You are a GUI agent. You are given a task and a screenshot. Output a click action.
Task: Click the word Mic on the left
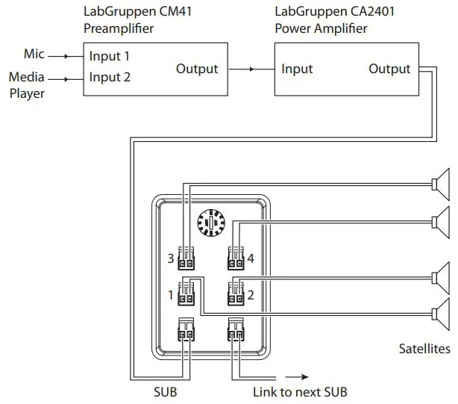[34, 55]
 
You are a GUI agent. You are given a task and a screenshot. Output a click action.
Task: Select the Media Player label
[28, 85]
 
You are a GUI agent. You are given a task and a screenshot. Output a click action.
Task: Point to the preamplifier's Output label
[197, 69]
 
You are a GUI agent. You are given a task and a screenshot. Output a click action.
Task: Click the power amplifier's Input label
[297, 69]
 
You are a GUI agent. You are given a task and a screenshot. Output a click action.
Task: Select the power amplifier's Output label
[389, 69]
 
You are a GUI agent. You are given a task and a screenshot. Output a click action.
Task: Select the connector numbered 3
[186, 261]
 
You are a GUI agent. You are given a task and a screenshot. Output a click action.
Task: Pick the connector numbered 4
[235, 261]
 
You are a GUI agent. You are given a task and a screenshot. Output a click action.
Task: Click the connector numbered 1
[186, 294]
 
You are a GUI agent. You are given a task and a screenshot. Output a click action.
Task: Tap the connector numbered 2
[235, 294]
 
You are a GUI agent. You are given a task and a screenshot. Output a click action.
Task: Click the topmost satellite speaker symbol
[442, 183]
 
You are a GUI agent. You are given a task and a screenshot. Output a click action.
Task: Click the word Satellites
[424, 349]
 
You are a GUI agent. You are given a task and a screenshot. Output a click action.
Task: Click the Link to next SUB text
[301, 391]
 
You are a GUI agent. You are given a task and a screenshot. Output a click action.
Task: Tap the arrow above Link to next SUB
[295, 377]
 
